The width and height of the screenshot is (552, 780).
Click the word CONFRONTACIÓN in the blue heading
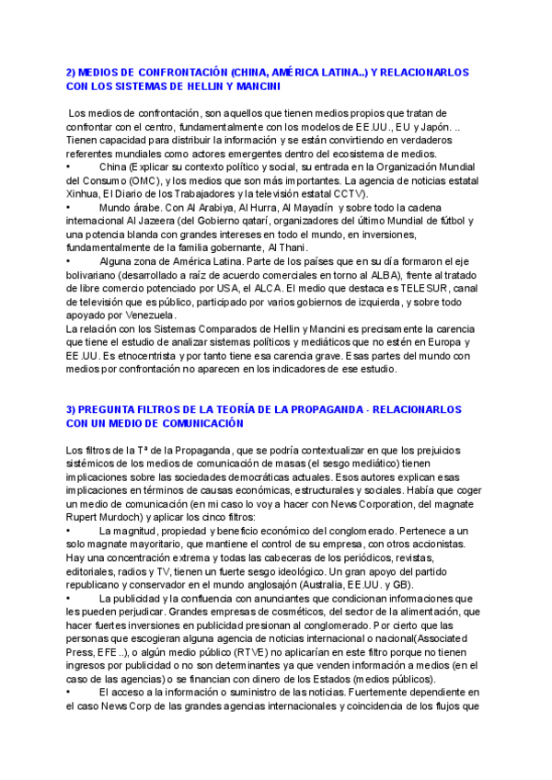coord(175,71)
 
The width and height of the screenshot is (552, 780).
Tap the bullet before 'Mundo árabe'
coord(69,209)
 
